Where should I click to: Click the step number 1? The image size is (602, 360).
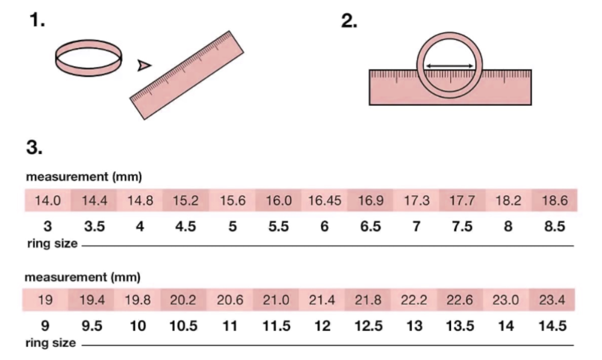pyautogui.click(x=37, y=20)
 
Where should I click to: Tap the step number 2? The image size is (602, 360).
pyautogui.click(x=349, y=20)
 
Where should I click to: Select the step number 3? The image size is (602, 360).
pyautogui.click(x=34, y=147)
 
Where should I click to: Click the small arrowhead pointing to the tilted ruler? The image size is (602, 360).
pyautogui.click(x=144, y=66)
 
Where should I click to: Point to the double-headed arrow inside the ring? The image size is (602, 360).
pyautogui.click(x=450, y=66)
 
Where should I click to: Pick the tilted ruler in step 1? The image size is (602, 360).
pyautogui.click(x=187, y=75)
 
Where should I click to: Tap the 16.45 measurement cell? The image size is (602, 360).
pyautogui.click(x=324, y=200)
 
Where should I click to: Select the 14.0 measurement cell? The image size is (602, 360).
pyautogui.click(x=48, y=200)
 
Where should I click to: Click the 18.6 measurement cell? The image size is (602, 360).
pyautogui.click(x=554, y=200)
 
